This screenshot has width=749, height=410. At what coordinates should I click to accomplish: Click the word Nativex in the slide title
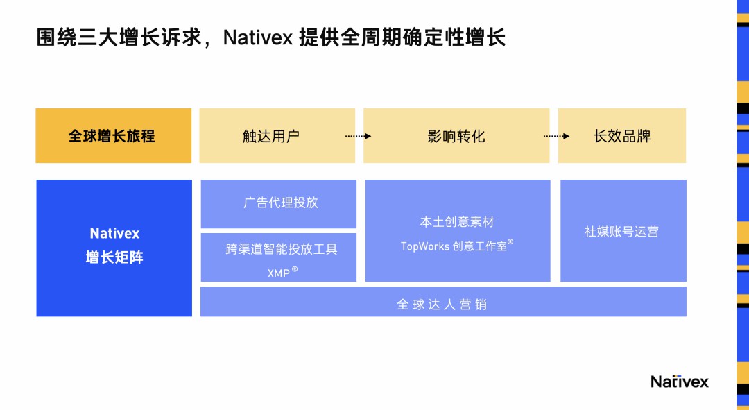click(x=257, y=37)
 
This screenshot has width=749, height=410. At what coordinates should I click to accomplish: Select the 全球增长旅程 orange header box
click(x=113, y=135)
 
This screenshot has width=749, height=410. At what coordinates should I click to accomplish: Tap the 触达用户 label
click(x=271, y=136)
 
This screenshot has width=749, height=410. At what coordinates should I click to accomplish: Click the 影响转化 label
click(x=456, y=136)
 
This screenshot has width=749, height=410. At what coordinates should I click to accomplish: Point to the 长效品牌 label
click(x=622, y=136)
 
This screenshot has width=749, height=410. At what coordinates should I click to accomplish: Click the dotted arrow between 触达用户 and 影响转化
click(x=358, y=136)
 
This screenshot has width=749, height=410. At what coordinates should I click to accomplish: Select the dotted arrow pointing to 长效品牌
click(x=556, y=136)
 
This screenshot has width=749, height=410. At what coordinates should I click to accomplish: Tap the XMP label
click(x=278, y=273)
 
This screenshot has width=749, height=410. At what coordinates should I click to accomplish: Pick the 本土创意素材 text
click(x=457, y=222)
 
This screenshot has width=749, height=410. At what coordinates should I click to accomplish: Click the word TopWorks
click(x=424, y=246)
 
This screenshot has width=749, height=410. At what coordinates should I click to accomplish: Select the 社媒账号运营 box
click(x=622, y=231)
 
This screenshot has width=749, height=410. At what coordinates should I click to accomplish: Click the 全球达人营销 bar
click(x=442, y=304)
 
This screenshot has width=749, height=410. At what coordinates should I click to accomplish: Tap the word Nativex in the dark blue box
click(x=114, y=234)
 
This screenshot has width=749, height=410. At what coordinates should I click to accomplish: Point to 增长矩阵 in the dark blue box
click(x=114, y=258)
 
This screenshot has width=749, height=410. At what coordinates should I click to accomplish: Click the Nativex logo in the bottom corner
click(x=679, y=382)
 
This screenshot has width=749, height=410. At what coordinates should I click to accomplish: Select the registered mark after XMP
click(x=295, y=269)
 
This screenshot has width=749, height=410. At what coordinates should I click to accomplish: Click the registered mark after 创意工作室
click(x=510, y=242)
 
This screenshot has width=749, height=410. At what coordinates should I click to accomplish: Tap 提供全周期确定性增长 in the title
click(x=402, y=37)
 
